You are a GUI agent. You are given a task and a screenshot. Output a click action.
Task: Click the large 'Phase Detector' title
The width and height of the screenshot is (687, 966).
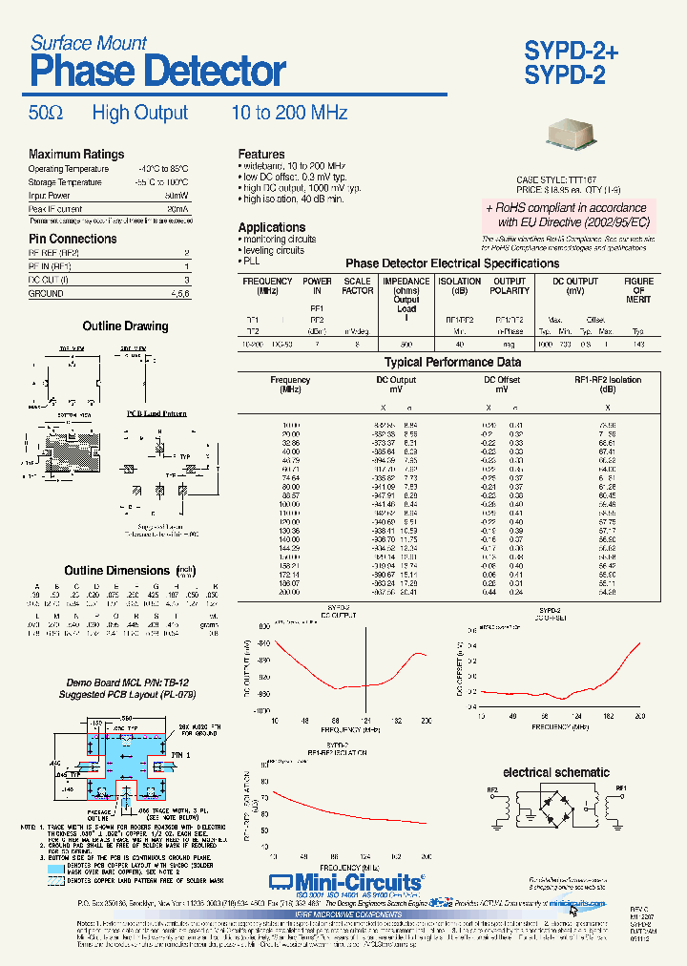pyautogui.click(x=157, y=72)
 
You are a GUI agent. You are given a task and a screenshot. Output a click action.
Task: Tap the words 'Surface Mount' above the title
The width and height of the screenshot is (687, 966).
pyautogui.click(x=89, y=43)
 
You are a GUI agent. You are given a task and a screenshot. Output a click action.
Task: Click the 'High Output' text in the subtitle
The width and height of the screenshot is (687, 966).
pyautogui.click(x=140, y=114)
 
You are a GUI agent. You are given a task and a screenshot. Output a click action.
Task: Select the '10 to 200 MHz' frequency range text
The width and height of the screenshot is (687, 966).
pyautogui.click(x=289, y=114)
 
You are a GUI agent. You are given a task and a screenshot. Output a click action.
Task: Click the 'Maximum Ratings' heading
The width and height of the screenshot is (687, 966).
pyautogui.click(x=76, y=155)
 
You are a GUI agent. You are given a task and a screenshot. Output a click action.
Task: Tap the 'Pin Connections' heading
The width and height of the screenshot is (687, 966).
pyautogui.click(x=73, y=239)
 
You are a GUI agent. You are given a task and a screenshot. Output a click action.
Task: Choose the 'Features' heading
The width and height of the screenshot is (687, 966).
pyautogui.click(x=261, y=155)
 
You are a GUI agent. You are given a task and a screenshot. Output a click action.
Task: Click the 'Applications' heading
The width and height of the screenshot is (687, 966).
pyautogui.click(x=272, y=227)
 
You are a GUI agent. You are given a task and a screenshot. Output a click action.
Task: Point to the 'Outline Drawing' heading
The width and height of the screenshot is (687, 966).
pyautogui.click(x=125, y=326)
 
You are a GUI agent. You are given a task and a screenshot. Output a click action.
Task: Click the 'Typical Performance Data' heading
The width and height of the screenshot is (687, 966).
pyautogui.click(x=452, y=363)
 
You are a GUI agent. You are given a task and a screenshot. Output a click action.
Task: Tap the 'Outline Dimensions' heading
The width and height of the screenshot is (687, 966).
pyautogui.click(x=116, y=571)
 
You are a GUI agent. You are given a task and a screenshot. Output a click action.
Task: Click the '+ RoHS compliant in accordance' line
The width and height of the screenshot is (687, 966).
pyautogui.click(x=566, y=208)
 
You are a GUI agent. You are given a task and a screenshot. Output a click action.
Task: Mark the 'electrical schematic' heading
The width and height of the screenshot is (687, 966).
pyautogui.click(x=556, y=772)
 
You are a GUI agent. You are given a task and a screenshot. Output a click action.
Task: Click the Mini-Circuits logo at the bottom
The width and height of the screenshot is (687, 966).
pyautogui.click(x=345, y=881)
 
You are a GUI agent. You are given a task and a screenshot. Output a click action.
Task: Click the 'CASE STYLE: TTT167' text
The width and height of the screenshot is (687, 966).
pyautogui.click(x=556, y=179)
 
